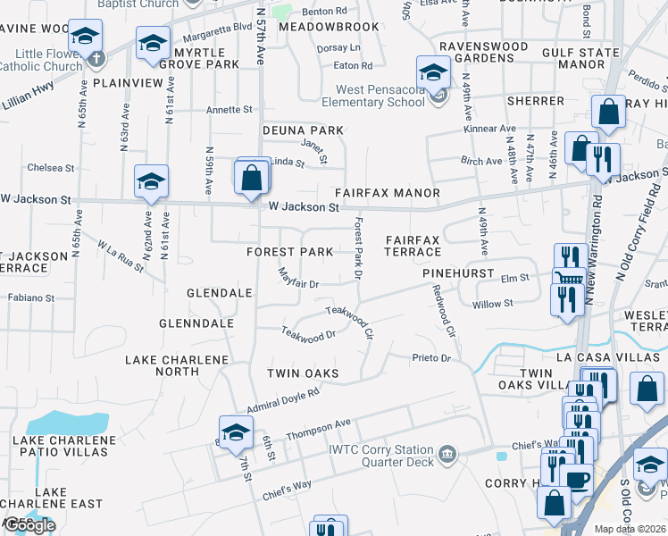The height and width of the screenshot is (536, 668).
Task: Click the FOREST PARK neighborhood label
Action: pyautogui.click(x=289, y=252)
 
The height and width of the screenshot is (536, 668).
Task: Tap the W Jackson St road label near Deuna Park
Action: pyautogui.click(x=304, y=207)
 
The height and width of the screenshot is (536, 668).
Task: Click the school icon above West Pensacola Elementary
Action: pyautogui.click(x=433, y=71)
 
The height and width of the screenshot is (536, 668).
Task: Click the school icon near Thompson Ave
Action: pyautogui.click(x=236, y=431)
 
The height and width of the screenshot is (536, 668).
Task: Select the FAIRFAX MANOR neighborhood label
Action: pyautogui.click(x=387, y=193)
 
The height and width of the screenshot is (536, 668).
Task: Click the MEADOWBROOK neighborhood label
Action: pyautogui.click(x=329, y=28)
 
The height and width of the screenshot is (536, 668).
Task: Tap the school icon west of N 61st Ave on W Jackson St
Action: pyautogui.click(x=151, y=181)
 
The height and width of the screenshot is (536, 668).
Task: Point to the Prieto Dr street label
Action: pyautogui.click(x=432, y=359)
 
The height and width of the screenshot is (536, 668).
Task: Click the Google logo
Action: pyautogui.click(x=29, y=525)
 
